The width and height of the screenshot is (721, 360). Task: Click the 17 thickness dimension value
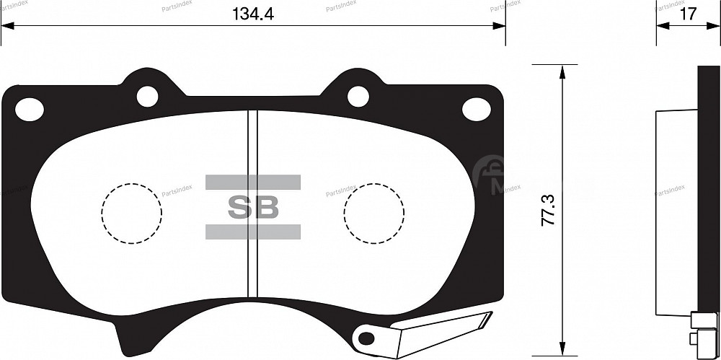pos(688,14)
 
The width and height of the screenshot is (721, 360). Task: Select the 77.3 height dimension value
pos(548,209)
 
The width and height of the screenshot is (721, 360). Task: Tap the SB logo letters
pos(253,207)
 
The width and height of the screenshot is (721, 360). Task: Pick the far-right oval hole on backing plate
pos(476,110)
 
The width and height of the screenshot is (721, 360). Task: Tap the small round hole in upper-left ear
pos(147,95)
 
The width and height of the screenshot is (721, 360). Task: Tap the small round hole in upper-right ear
pos(358,95)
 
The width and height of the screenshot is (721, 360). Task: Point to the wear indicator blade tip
pos(487,315)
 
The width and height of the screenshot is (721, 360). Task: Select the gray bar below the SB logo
pos(253,232)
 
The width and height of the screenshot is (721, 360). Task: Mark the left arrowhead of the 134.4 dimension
pos(7,27)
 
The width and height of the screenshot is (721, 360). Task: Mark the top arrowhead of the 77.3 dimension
pos(562,69)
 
